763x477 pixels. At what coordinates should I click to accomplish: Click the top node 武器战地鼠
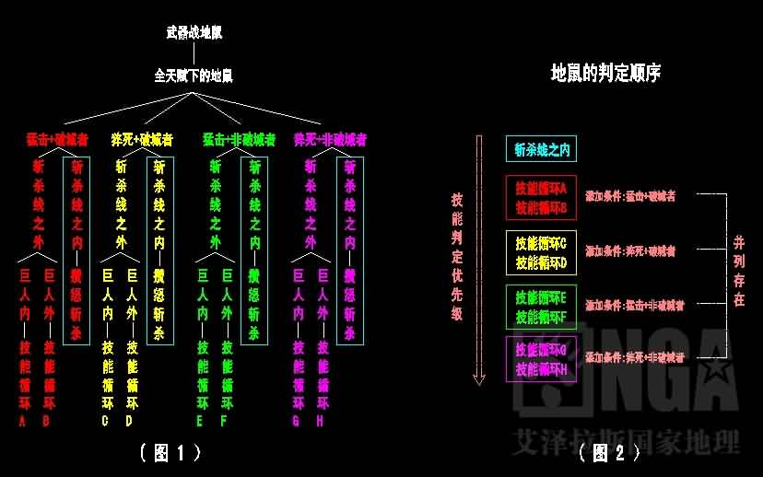pyautogui.click(x=194, y=32)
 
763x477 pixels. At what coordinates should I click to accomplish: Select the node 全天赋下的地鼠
pyautogui.click(x=194, y=76)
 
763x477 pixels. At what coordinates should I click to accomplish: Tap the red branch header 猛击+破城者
pyautogui.click(x=57, y=140)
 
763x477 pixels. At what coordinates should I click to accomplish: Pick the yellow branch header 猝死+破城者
pyautogui.click(x=141, y=140)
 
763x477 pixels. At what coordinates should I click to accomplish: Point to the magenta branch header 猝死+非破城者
pyautogui.click(x=330, y=140)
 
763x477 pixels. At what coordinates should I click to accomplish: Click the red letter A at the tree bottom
pyautogui.click(x=23, y=421)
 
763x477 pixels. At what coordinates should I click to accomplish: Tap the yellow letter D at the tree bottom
pyautogui.click(x=131, y=421)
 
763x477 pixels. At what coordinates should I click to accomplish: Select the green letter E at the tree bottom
pyautogui.click(x=201, y=421)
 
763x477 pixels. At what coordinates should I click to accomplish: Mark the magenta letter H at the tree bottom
pyautogui.click(x=323, y=421)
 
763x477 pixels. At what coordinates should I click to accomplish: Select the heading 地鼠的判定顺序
pyautogui.click(x=605, y=72)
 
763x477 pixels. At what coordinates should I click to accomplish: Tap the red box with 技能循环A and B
pyautogui.click(x=541, y=198)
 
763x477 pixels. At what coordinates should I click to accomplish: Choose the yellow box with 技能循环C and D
pyautogui.click(x=541, y=251)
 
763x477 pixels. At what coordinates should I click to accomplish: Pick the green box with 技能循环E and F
pyautogui.click(x=541, y=307)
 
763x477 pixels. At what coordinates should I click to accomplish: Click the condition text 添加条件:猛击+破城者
pyautogui.click(x=630, y=196)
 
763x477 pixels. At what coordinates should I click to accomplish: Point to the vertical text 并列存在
pyautogui.click(x=739, y=270)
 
